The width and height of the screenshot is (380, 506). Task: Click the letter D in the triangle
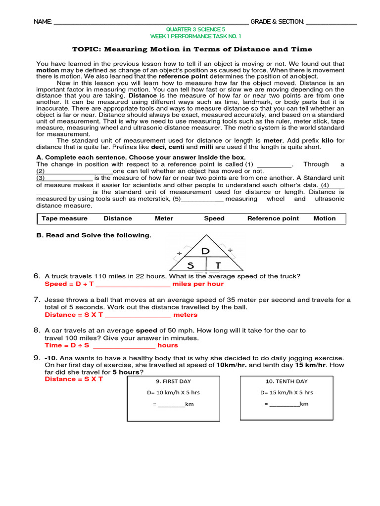click(205, 251)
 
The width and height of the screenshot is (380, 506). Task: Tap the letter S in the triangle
click(190, 265)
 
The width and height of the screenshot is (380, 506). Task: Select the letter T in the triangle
click(218, 265)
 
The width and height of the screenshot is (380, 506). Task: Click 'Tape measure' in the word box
click(64, 218)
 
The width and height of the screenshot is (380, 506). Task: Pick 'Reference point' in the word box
click(273, 218)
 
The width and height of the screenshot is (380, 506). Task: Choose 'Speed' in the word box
click(214, 218)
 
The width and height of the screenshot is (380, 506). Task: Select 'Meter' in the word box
click(164, 218)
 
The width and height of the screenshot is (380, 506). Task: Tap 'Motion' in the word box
click(325, 218)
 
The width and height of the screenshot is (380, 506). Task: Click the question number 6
click(37, 276)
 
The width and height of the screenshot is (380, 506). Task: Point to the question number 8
click(37, 330)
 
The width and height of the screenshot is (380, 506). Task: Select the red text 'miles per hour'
click(198, 284)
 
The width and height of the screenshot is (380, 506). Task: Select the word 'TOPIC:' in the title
click(87, 49)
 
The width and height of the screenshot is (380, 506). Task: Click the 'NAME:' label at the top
click(42, 22)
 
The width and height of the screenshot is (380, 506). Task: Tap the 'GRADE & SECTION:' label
click(277, 22)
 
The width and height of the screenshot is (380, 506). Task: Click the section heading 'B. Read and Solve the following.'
click(94, 235)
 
